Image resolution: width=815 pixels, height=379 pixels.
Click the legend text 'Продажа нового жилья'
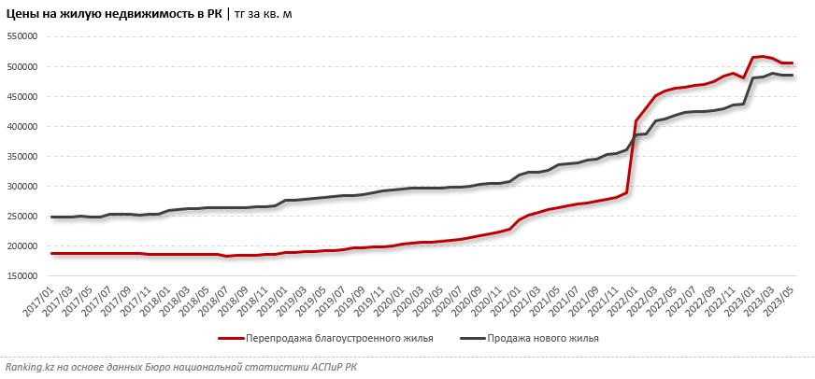(543, 339)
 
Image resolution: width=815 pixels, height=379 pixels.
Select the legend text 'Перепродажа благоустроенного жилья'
(339, 339)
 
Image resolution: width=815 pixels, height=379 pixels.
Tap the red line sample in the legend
(231, 339)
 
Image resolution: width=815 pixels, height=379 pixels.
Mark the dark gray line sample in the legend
(472, 339)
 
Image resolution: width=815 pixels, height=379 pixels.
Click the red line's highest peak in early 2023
(763, 56)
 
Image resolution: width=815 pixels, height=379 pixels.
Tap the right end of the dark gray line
(793, 76)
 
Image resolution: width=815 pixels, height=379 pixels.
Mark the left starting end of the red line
(51, 253)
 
